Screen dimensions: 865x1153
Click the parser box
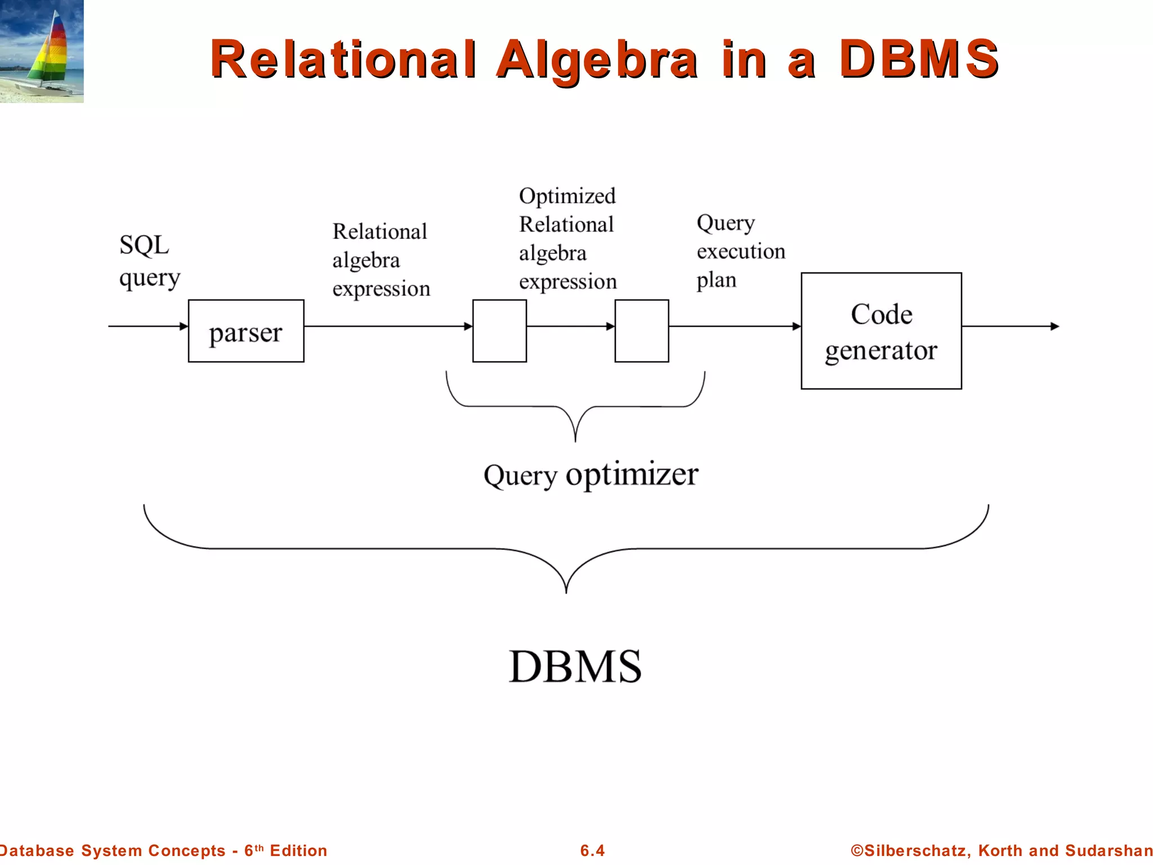(246, 331)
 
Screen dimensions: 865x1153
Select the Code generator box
(881, 331)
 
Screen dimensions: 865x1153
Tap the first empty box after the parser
(499, 331)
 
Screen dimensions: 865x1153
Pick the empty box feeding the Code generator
(642, 331)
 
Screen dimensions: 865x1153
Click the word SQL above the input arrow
(144, 246)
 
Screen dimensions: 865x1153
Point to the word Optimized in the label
(567, 196)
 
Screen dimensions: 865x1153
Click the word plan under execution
(716, 280)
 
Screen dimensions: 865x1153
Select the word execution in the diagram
(741, 251)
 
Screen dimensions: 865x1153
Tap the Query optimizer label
(591, 475)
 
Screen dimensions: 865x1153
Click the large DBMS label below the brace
(575, 666)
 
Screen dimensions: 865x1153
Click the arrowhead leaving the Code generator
(1054, 326)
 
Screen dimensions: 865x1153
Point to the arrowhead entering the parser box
(184, 326)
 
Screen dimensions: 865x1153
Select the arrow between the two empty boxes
(570, 326)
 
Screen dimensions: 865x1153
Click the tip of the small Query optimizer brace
(575, 440)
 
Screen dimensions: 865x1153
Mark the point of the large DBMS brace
(566, 591)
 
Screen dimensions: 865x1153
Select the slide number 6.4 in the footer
(592, 850)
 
